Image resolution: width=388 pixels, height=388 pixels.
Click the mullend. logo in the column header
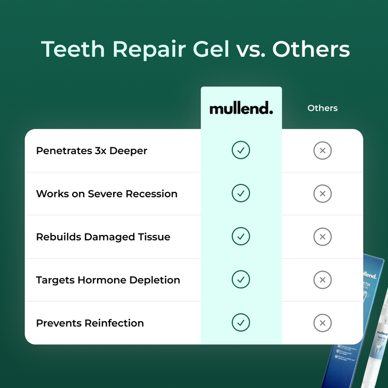241,108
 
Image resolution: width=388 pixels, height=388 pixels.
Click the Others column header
322,108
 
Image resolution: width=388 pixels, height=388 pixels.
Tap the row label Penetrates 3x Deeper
92,151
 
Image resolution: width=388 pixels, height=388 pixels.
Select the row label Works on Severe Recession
107,194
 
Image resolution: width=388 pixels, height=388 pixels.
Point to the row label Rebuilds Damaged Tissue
103,237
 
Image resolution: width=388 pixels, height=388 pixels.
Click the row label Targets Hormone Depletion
108,280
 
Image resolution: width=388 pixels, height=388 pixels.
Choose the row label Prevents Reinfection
90,323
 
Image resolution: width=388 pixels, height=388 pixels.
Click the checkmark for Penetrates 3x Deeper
241,150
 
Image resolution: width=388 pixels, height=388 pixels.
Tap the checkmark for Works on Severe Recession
241,193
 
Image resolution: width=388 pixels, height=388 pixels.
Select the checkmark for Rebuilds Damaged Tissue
241,237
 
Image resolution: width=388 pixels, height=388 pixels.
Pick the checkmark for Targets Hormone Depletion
241,280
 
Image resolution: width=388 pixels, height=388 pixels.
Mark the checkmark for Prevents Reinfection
241,323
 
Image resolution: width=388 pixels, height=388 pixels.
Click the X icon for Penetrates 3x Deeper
322,151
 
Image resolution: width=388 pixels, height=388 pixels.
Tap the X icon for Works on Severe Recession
322,193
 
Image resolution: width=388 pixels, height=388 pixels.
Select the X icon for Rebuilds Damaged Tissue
322,237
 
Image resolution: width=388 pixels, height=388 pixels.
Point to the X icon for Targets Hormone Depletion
322,280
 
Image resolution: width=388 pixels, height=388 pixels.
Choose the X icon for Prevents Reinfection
322,323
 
